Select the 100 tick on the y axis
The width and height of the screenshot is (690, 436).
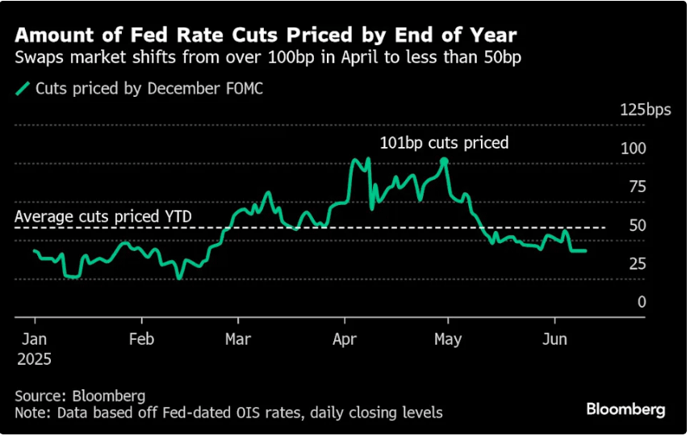pos(637,149)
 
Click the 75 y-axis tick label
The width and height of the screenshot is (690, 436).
pos(637,187)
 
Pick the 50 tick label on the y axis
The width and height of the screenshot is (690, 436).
pos(637,225)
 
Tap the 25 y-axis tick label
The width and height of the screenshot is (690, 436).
pos(637,263)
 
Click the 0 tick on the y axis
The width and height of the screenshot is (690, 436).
pos(642,301)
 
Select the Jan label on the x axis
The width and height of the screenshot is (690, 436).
pos(35,339)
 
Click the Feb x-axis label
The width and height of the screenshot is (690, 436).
pos(142,339)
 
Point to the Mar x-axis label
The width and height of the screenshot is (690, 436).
pos(237,339)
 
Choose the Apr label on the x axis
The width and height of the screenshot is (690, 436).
pos(345,339)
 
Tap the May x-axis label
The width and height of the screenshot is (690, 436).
pos(448,339)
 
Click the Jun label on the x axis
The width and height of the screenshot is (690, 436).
pos(554,339)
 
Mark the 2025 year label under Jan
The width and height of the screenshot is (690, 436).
pos(35,359)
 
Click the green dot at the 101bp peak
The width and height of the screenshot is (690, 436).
pos(444,161)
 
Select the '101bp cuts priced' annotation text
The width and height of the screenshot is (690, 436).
pos(445,143)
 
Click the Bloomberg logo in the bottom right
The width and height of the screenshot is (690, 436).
pos(626,410)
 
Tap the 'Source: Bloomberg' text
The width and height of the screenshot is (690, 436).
pos(80,396)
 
